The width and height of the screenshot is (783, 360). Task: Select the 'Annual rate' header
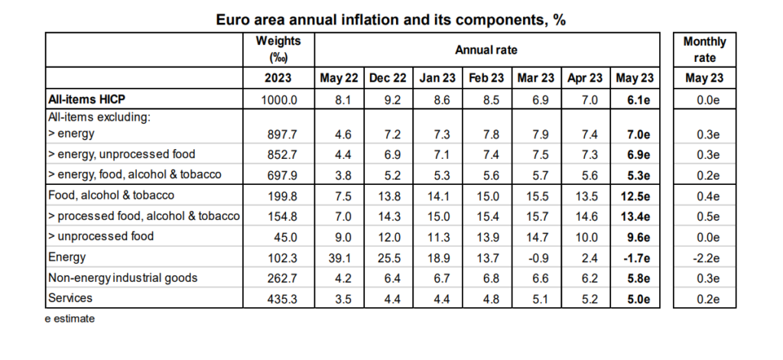[x=486, y=50]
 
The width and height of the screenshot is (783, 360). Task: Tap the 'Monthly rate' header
[x=704, y=50]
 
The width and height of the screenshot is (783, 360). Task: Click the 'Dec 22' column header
[x=388, y=78]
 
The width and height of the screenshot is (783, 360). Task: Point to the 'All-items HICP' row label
[x=86, y=99]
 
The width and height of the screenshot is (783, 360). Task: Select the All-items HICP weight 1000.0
[x=278, y=100]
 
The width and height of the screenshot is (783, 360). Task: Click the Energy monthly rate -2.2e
[x=704, y=258]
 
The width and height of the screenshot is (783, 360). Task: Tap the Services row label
[x=70, y=298]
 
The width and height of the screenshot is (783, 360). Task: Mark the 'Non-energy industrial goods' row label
[x=123, y=277]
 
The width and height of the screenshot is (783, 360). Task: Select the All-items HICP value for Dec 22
[x=392, y=100]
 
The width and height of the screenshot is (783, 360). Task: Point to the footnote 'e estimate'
[x=70, y=319]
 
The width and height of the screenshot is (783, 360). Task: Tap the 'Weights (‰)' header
[x=278, y=50]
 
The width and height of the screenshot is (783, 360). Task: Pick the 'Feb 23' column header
[x=486, y=78]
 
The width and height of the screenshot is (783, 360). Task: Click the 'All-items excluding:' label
[x=99, y=118]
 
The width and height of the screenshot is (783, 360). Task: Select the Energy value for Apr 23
[x=590, y=258]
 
